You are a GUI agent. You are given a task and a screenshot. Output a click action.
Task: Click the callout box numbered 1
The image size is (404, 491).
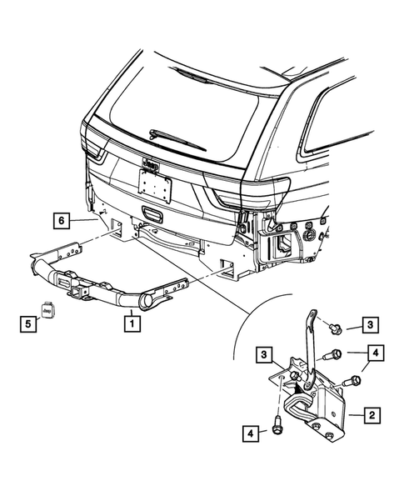pyautogui.click(x=131, y=319)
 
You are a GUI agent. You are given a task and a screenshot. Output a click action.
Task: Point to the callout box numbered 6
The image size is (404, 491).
pyautogui.click(x=60, y=220)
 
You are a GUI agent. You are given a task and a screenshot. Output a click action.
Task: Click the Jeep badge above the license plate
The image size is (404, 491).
pyautogui.click(x=151, y=163)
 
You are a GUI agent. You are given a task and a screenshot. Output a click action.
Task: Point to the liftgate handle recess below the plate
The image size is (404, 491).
pyautogui.click(x=153, y=213)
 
